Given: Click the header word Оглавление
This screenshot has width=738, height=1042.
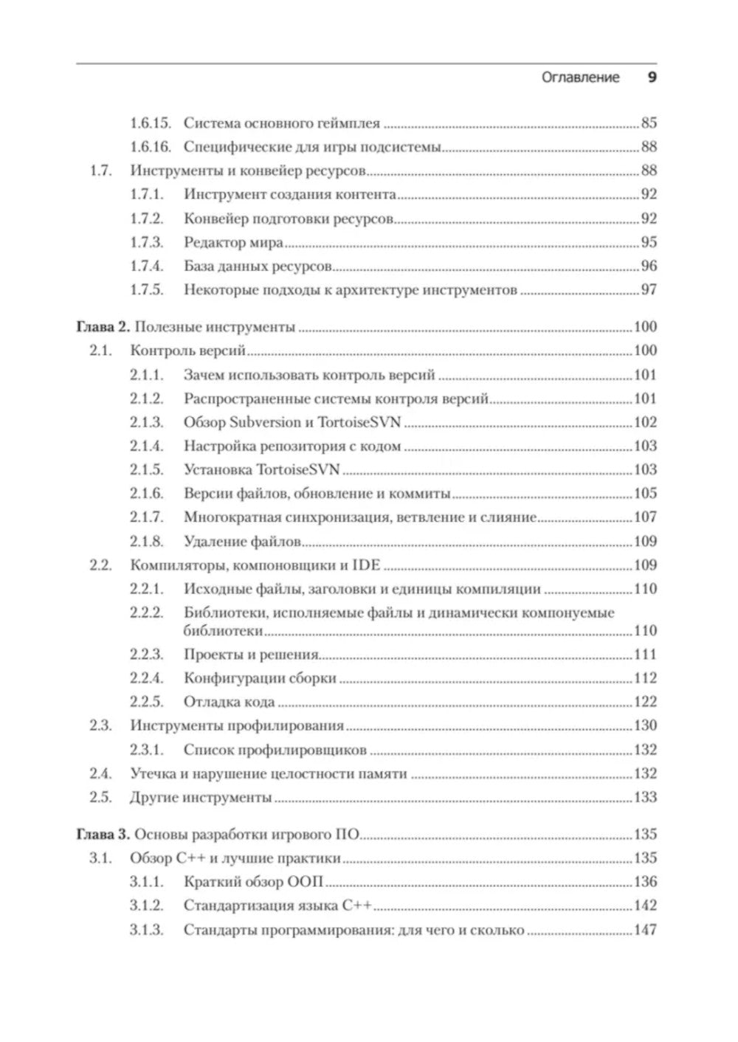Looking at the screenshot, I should pyautogui.click(x=580, y=77).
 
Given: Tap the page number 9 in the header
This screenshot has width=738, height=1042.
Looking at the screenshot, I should pyautogui.click(x=652, y=77).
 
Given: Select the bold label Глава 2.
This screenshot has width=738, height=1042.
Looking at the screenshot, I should pyautogui.click(x=103, y=327).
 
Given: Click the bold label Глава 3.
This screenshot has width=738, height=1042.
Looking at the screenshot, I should pyautogui.click(x=103, y=835).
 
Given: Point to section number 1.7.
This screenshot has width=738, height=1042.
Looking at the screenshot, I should pyautogui.click(x=100, y=170).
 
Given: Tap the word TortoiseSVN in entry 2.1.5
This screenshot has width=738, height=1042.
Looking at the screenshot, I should pyautogui.click(x=297, y=470).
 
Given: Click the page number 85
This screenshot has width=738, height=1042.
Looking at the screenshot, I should pyautogui.click(x=649, y=123).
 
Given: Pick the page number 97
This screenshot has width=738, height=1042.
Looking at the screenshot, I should pyautogui.click(x=649, y=290).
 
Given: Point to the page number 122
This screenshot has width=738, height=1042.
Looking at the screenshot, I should pyautogui.click(x=645, y=702).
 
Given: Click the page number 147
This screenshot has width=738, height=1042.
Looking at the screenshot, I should pyautogui.click(x=645, y=930).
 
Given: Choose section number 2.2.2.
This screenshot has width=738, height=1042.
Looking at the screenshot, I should pyautogui.click(x=146, y=613).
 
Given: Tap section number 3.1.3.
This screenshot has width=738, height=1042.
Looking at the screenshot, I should pyautogui.click(x=146, y=930).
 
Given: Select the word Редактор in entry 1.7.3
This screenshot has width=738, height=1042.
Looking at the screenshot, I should pyautogui.click(x=213, y=243).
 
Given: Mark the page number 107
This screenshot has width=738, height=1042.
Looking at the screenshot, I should pyautogui.click(x=645, y=517).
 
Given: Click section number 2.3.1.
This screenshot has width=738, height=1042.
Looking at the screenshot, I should pyautogui.click(x=146, y=751).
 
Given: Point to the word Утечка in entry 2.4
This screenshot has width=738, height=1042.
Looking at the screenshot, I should pyautogui.click(x=153, y=774).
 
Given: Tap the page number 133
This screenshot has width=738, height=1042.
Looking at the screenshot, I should pyautogui.click(x=645, y=798).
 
